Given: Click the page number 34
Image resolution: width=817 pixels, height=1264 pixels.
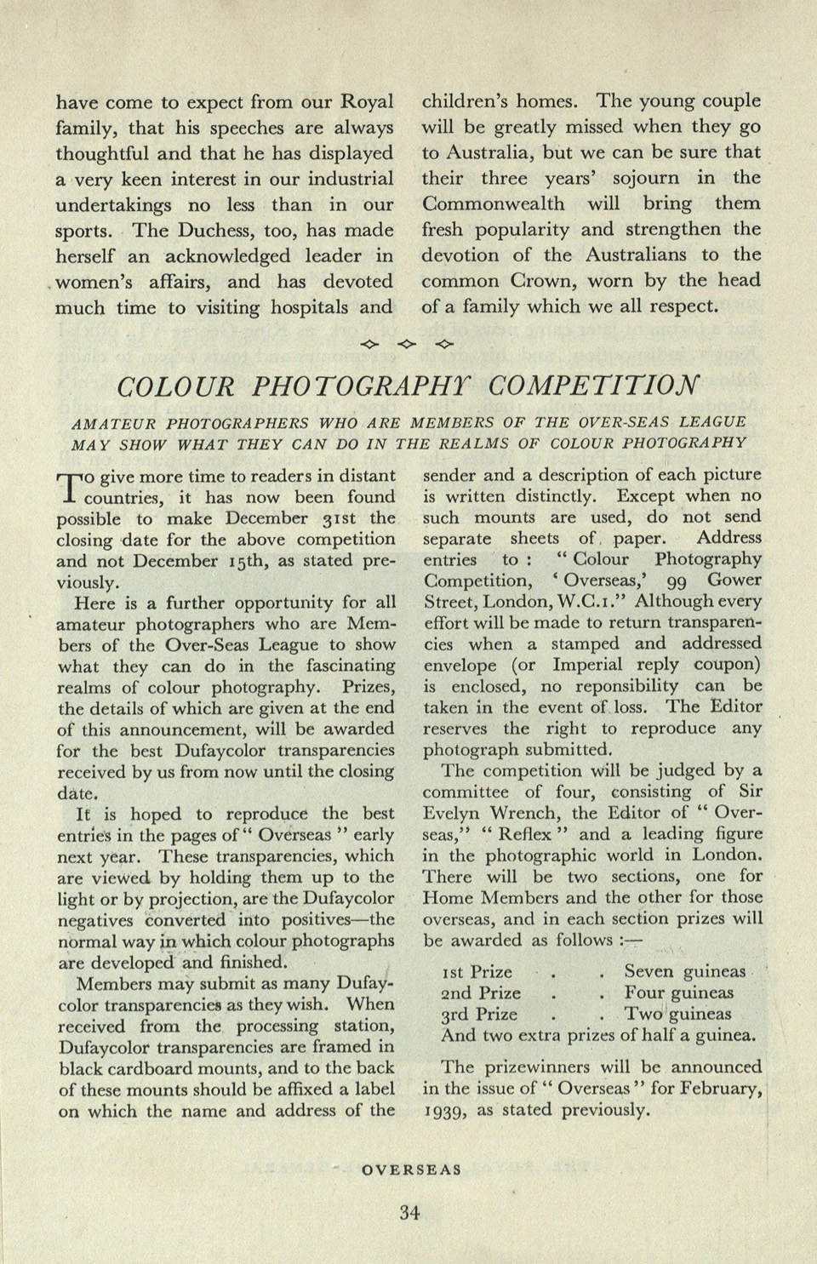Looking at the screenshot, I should [x=409, y=1213].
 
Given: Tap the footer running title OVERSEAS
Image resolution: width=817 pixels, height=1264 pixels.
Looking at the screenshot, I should [x=411, y=1170].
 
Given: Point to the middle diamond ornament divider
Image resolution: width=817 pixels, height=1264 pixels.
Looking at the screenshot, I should [x=407, y=344].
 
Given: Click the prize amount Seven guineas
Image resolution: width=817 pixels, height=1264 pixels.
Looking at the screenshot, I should [x=684, y=971].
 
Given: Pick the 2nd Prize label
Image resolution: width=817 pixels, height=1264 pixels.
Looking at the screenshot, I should [x=481, y=992].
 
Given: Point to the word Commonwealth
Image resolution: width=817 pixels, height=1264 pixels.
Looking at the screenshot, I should [x=494, y=203].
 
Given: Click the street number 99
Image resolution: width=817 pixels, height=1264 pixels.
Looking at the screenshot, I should [x=677, y=581].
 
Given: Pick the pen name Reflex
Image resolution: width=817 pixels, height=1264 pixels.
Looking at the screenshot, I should [x=528, y=834].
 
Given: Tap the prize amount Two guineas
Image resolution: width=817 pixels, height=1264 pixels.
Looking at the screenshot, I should [x=677, y=1014].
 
